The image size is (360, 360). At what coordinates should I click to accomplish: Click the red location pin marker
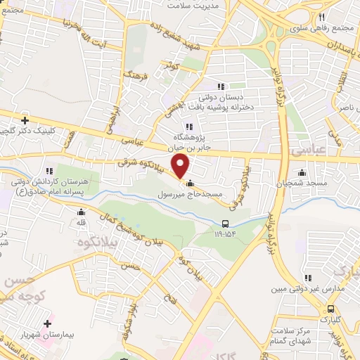[181, 166]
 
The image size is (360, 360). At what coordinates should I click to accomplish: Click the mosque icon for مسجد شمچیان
[302, 172]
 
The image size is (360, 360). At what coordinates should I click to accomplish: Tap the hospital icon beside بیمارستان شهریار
[46, 324]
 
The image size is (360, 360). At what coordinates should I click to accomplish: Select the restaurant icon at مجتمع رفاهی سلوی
[321, 17]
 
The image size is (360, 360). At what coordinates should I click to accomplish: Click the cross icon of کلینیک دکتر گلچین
[26, 120]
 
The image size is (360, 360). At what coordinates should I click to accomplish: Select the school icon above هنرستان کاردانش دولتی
[49, 171]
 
